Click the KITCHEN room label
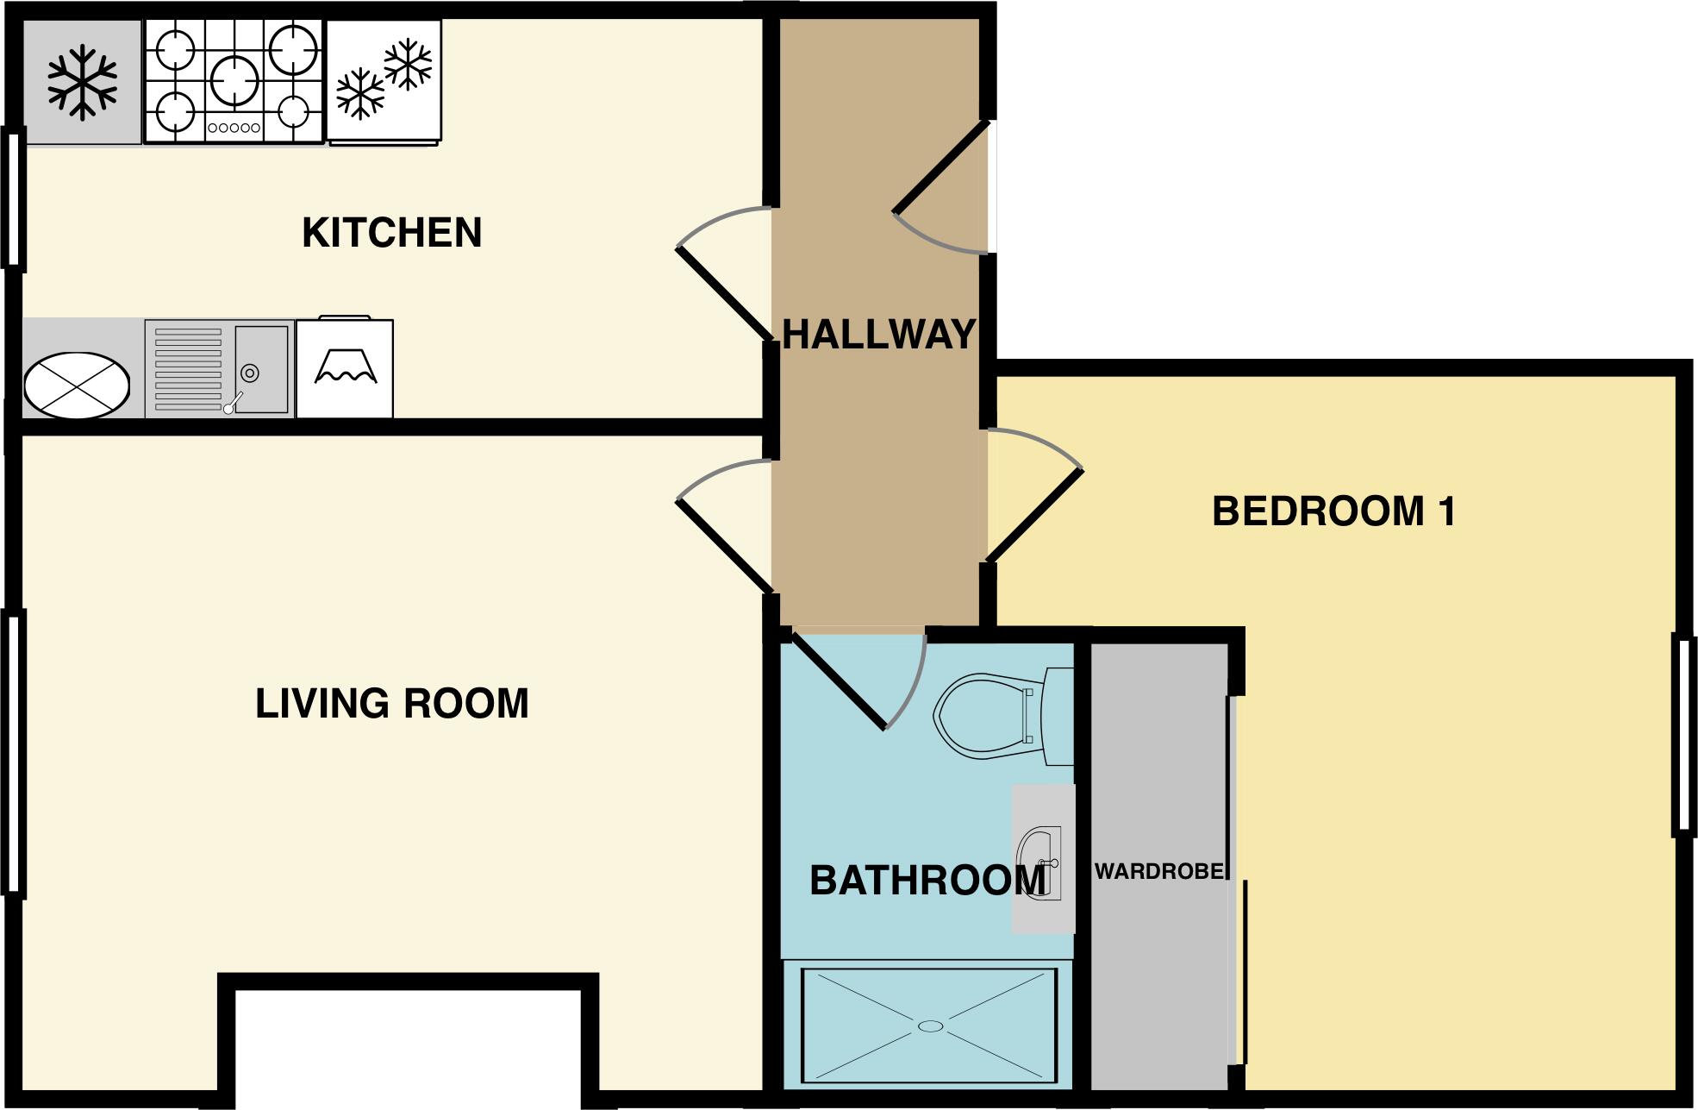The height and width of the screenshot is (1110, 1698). coord(391,233)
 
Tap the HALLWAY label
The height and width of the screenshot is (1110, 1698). coord(878,335)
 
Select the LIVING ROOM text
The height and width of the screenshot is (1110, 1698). coord(391,704)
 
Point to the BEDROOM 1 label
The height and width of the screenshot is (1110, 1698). coord(1333,511)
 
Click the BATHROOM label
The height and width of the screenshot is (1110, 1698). coord(927,881)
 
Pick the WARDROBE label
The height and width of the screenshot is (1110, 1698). coord(1158,872)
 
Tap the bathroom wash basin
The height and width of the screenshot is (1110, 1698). coord(1041,862)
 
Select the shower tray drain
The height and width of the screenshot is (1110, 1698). coord(931,1025)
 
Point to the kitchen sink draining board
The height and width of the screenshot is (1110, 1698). coord(188,369)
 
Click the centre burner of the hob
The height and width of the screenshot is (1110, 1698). coord(234,79)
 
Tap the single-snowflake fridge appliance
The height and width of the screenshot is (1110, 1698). coord(82,82)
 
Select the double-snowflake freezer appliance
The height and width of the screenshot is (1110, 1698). coord(384,79)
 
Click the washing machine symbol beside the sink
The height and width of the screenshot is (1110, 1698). coord(345,369)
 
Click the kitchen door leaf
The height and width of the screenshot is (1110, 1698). coord(724,294)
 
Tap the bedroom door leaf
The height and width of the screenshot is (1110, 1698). coord(1034,515)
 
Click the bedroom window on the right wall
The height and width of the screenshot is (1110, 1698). coord(1684,735)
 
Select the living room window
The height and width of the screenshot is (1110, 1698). coord(13,752)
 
